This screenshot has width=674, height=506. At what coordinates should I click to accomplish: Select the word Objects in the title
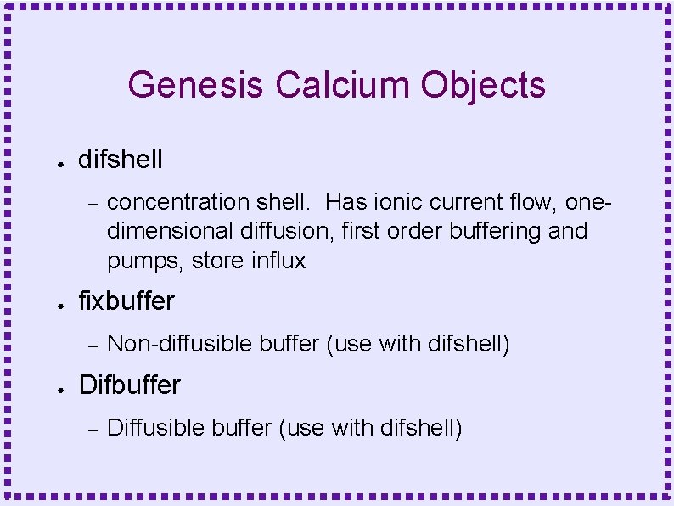point(484,85)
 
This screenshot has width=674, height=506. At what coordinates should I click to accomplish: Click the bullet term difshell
point(121,159)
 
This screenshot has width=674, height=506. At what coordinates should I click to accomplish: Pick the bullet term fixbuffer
point(126,301)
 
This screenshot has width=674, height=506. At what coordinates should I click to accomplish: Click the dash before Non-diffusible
point(94,344)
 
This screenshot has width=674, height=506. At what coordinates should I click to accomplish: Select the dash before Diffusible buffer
point(94,428)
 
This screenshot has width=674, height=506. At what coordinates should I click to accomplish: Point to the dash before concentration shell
point(94,203)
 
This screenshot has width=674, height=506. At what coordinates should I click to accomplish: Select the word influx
point(278,260)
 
